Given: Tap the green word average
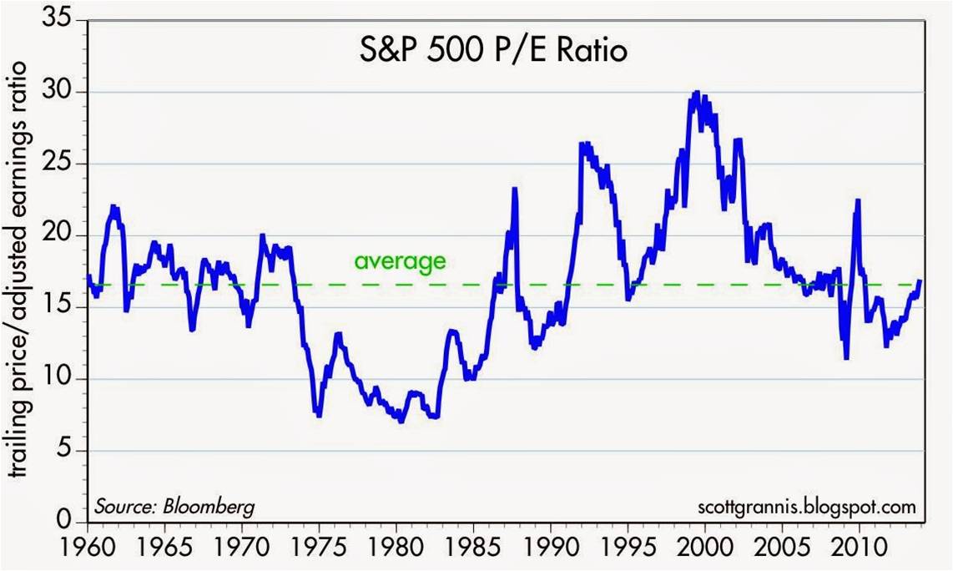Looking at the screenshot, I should coord(400,261).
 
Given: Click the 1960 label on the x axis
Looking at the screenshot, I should coord(87,552).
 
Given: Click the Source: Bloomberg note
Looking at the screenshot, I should coord(174,507).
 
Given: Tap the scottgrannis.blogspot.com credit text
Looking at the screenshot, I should coord(805,507).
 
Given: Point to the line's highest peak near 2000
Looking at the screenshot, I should coord(697,93).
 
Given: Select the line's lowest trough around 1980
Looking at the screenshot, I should coord(401,421).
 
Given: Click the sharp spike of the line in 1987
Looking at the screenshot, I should coord(515,189).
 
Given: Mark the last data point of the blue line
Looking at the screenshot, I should coord(920,281).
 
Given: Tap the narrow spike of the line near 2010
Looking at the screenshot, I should coord(856,213).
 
